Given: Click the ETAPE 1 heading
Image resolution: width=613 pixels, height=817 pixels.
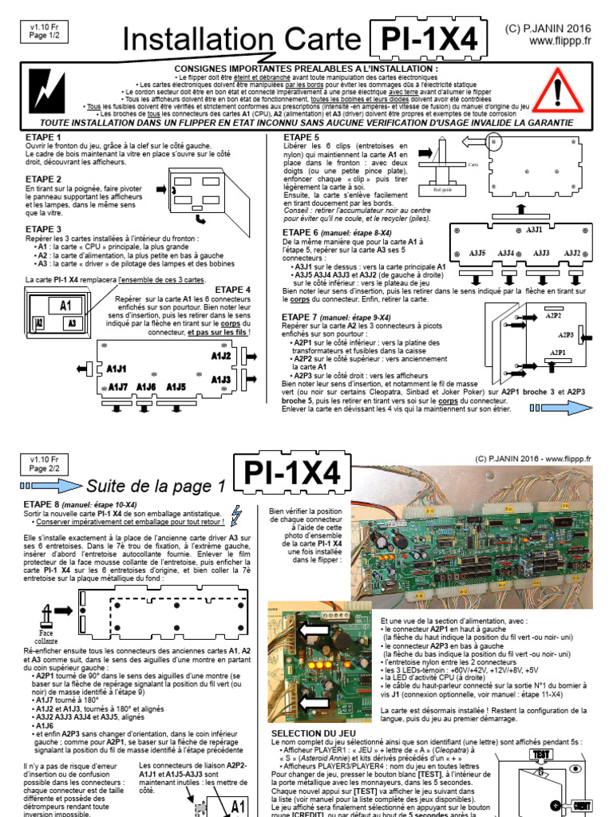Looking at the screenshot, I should (44, 138).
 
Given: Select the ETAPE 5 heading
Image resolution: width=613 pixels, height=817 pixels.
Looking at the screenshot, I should (302, 138).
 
